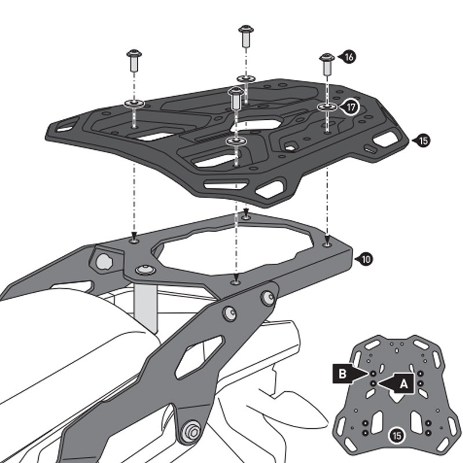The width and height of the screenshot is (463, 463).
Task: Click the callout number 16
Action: pos(349,57)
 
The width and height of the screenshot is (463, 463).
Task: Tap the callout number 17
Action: pos(350,107)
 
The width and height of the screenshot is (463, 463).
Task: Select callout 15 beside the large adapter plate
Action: pos(423,140)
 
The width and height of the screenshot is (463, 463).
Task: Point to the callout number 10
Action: pos(365,259)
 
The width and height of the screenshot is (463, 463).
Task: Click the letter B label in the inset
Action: pos(343,374)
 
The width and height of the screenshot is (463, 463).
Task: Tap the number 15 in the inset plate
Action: pos(396,435)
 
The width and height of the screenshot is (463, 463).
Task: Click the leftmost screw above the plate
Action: pos(134,60)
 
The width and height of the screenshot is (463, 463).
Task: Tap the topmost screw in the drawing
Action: pos(246,36)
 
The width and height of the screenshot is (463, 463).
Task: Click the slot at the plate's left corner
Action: pos(68,123)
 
